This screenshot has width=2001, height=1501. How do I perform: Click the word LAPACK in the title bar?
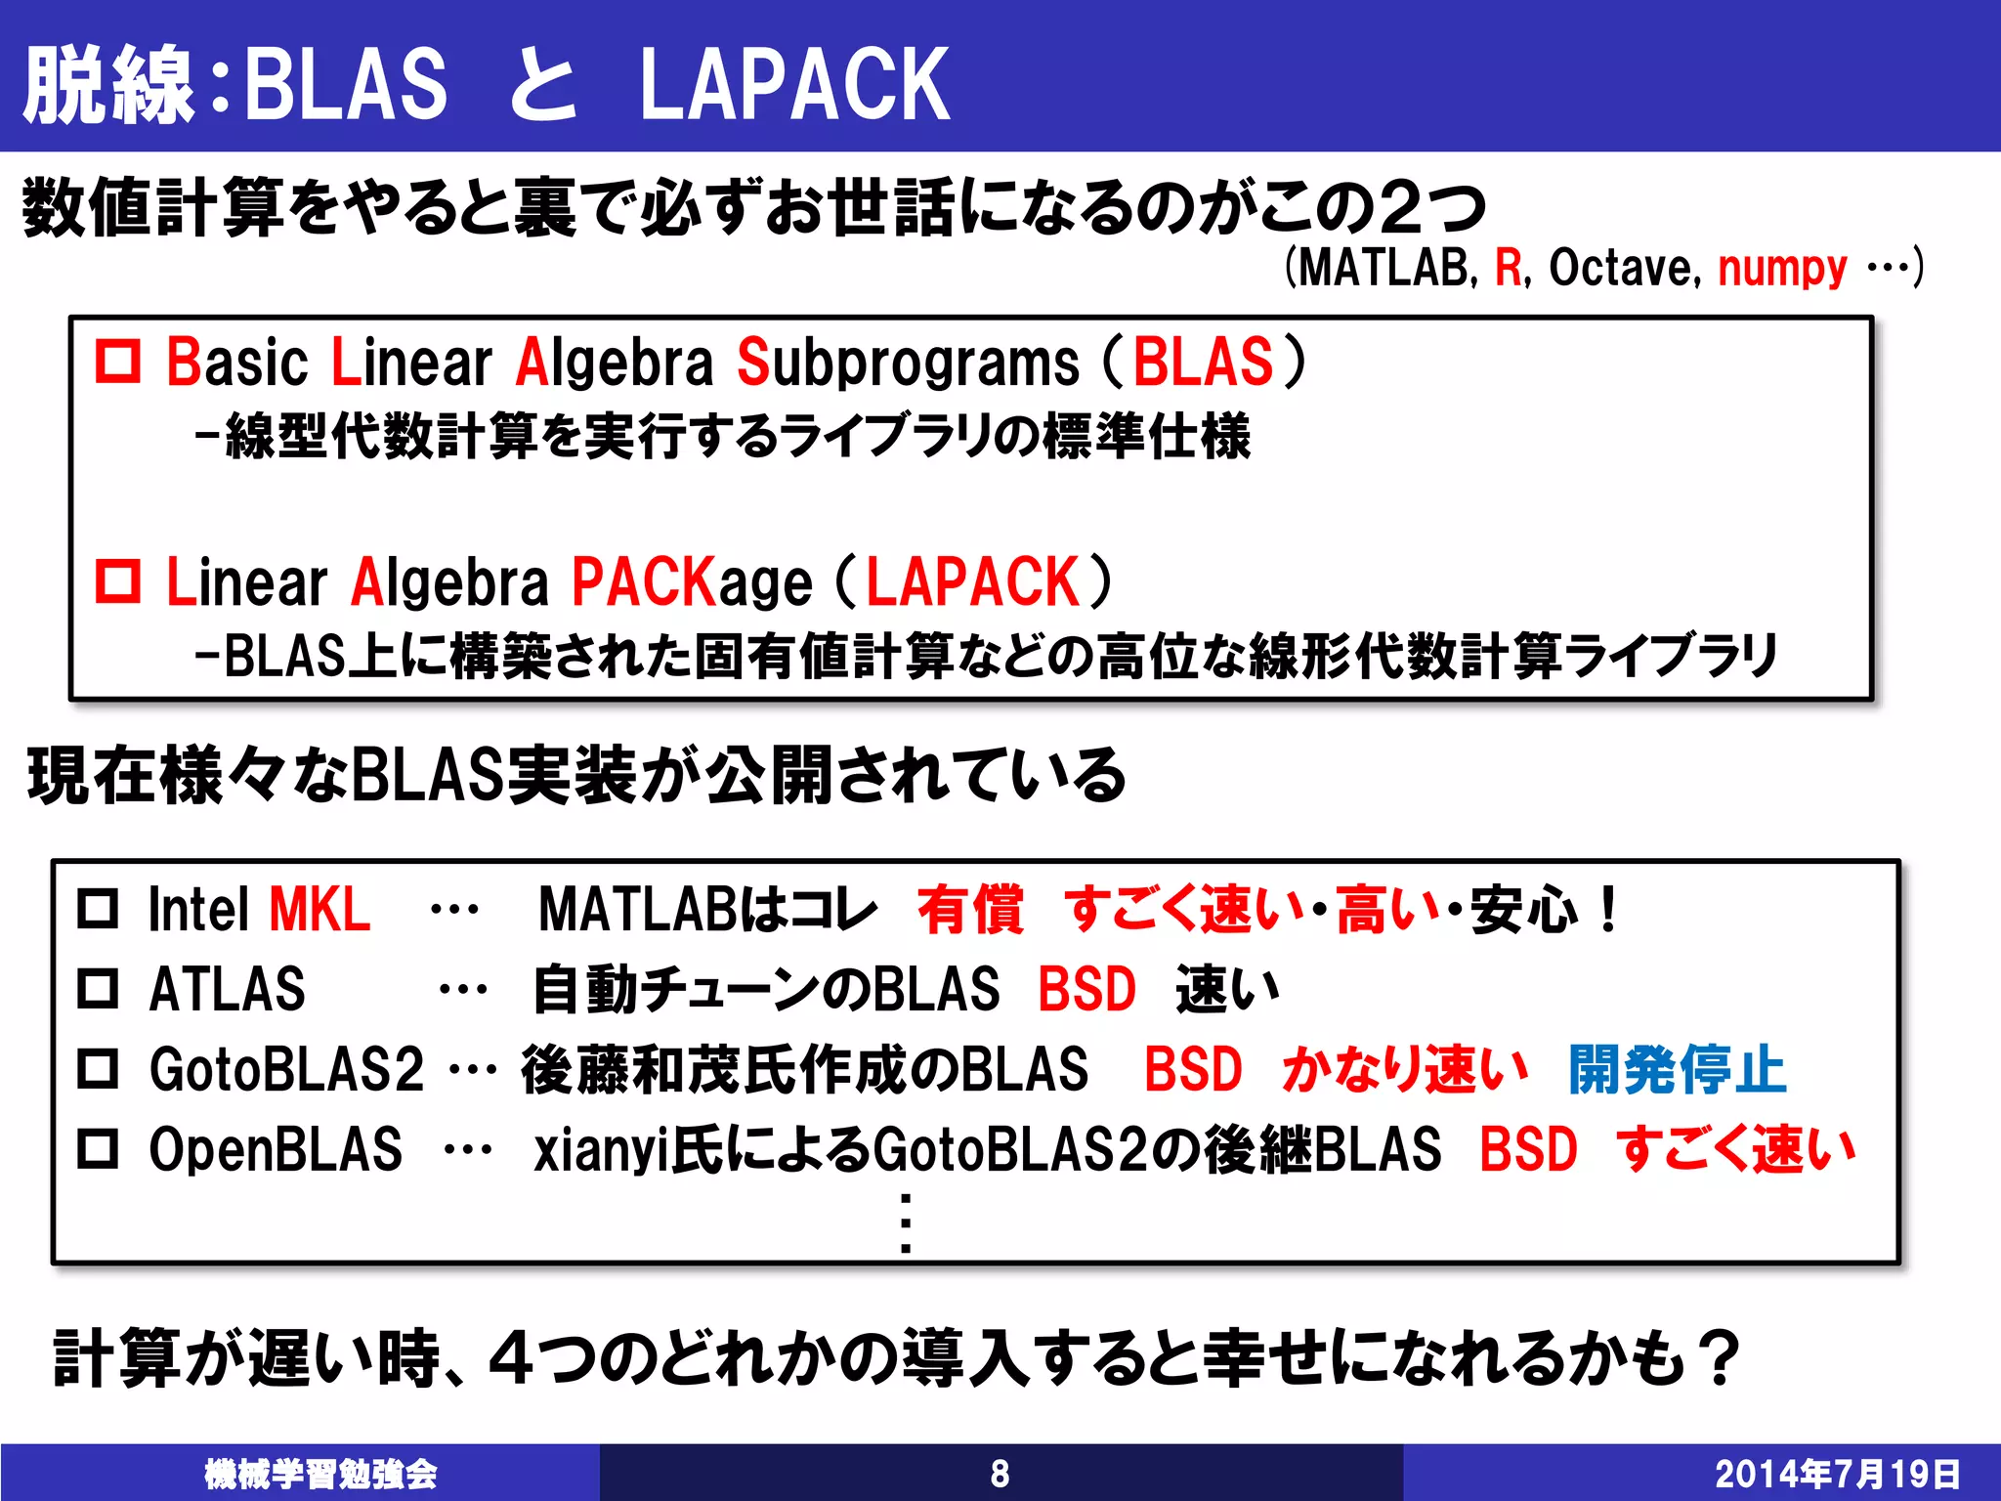coord(794,85)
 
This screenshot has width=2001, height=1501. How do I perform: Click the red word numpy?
coord(1782,268)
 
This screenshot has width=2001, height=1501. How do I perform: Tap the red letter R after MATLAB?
coord(1509,268)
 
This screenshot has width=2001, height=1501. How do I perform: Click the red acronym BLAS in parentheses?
coord(1203,362)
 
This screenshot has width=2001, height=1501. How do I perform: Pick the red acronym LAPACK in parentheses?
coord(972,582)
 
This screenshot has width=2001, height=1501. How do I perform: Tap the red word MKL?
coord(319,910)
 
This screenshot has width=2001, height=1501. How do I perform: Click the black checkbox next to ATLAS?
coord(98,988)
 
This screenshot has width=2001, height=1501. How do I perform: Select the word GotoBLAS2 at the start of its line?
coord(286,1069)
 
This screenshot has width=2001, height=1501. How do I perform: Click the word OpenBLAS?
coord(276,1149)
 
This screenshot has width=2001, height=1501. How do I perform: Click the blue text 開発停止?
coord(1677,1069)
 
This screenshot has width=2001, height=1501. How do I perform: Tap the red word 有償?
coord(970,910)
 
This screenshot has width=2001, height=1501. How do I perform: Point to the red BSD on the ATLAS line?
coord(1086,989)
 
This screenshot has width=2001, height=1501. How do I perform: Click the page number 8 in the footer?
coord(1000,1474)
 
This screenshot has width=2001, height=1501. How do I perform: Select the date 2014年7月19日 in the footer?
coord(1837,1474)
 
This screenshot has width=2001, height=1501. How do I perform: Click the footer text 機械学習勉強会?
coord(320,1474)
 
